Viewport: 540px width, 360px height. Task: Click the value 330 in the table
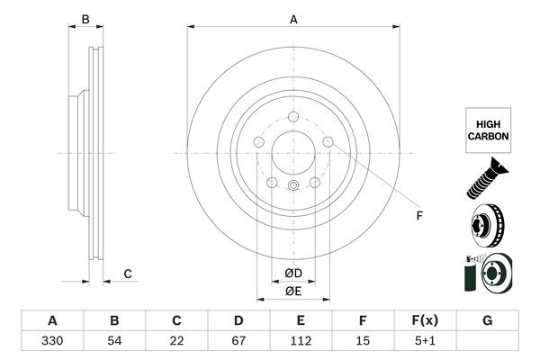52,342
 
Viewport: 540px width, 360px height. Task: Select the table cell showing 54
114,342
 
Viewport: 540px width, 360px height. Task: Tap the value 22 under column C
176,342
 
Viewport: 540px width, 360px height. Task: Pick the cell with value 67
238,342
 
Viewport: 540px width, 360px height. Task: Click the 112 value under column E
301,342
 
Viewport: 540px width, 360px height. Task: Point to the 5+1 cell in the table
425,342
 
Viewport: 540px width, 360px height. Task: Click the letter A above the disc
293,19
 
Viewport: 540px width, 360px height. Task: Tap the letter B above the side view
85,19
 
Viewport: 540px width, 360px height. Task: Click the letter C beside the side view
128,274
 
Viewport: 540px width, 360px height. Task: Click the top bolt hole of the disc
293,116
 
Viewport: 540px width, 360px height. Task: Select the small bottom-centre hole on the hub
293,186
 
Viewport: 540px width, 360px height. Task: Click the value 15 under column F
363,342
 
